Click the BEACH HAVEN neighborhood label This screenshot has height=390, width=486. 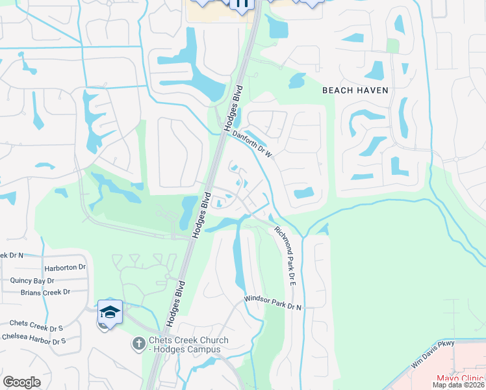pyautogui.click(x=355, y=90)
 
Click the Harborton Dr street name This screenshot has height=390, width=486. pyautogui.click(x=65, y=267)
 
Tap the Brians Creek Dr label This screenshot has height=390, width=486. pyautogui.click(x=45, y=292)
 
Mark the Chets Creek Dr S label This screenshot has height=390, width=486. pyautogui.click(x=36, y=323)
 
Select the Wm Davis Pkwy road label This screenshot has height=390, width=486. pyautogui.click(x=433, y=356)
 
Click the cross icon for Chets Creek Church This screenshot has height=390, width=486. pyautogui.click(x=138, y=343)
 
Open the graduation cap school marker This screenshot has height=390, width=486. pyautogui.click(x=110, y=313)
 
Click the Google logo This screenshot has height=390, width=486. pyautogui.click(x=21, y=382)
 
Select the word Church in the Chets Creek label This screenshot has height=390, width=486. pyautogui.click(x=212, y=341)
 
